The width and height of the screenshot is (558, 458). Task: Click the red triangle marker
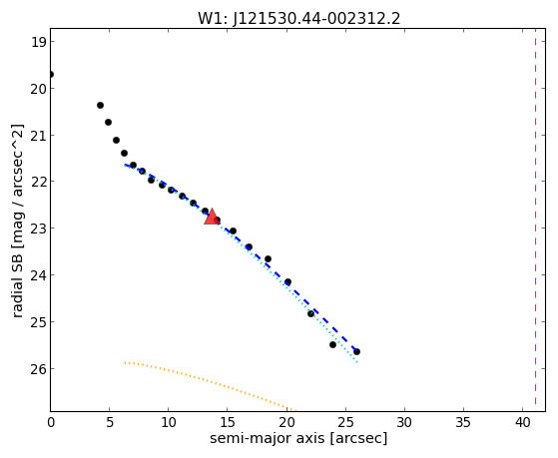click(x=212, y=217)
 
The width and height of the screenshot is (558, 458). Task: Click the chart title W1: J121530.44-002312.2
click(x=298, y=19)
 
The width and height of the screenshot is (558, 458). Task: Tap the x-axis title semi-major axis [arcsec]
click(x=298, y=438)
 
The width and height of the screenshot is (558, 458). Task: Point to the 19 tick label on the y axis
click(x=38, y=42)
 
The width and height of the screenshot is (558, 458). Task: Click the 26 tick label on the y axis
click(x=38, y=369)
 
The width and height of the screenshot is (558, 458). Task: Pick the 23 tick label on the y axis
click(x=38, y=229)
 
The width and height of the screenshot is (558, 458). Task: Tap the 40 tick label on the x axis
click(x=522, y=423)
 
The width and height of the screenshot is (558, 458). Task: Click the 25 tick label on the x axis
click(x=345, y=423)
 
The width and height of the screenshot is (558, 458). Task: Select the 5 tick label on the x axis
click(x=110, y=423)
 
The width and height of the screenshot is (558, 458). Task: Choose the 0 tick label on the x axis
click(x=51, y=423)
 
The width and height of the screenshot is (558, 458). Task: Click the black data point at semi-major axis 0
click(x=51, y=75)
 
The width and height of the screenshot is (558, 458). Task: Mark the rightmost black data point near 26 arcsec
click(x=356, y=351)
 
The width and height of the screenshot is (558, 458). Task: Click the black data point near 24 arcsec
click(x=332, y=344)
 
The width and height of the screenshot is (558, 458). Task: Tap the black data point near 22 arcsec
click(x=310, y=313)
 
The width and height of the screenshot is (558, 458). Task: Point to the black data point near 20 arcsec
click(x=287, y=281)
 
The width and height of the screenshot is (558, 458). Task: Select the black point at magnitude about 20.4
click(x=101, y=106)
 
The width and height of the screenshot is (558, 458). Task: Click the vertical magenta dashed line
click(x=535, y=220)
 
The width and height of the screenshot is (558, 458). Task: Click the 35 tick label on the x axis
click(x=463, y=423)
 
